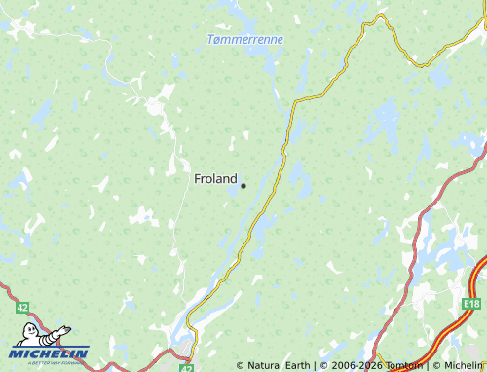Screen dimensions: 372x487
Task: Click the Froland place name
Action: [x=215, y=179]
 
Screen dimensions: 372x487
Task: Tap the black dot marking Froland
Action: [x=243, y=185]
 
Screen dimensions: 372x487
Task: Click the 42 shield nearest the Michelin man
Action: [x=22, y=307]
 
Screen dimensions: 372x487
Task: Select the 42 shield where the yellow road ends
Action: [x=186, y=368]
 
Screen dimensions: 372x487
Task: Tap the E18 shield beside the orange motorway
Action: [x=472, y=303]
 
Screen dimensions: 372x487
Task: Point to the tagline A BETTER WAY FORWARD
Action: [x=51, y=363]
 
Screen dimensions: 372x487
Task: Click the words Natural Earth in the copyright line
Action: [x=280, y=366]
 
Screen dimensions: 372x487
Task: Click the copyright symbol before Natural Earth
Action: [x=240, y=366]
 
